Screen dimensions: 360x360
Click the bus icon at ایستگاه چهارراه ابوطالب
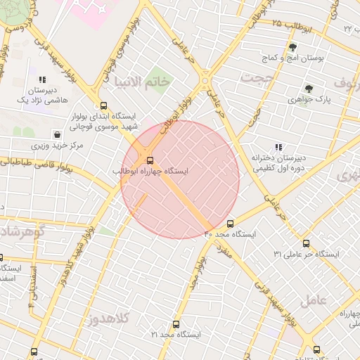click(149, 160)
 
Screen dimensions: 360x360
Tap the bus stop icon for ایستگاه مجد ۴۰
click(230, 224)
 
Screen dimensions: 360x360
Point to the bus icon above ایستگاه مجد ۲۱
click(176, 324)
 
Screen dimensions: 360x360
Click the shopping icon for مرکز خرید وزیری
click(57, 134)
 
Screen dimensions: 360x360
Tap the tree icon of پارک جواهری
click(308, 89)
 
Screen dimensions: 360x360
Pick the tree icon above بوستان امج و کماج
click(292, 47)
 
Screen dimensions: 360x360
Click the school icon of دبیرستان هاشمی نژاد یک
click(43, 80)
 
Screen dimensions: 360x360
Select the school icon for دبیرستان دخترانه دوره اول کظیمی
click(278, 148)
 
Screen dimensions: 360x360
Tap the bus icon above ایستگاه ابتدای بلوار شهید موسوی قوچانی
click(104, 106)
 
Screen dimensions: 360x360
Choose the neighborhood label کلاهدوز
click(109, 320)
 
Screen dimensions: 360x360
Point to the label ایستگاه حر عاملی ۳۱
click(306, 253)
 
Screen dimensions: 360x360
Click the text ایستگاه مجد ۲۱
click(174, 335)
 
